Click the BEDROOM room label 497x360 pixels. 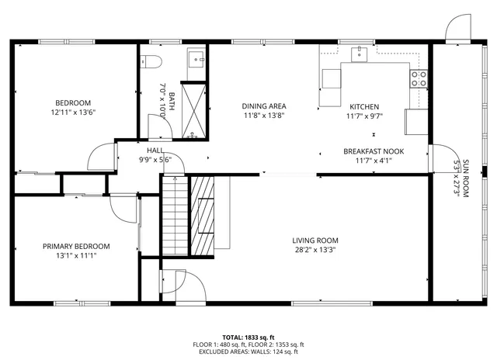(73, 102)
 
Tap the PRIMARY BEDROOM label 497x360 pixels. (76, 246)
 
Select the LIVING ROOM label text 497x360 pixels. (315, 240)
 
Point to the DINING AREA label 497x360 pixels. (264, 106)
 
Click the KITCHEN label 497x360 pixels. (364, 106)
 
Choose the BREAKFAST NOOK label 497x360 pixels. (374, 152)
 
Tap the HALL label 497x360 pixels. (155, 151)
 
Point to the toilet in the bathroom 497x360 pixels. (152, 61)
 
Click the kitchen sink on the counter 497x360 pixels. (360, 54)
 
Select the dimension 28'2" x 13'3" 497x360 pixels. (315, 250)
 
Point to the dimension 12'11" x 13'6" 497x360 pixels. (73, 112)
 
